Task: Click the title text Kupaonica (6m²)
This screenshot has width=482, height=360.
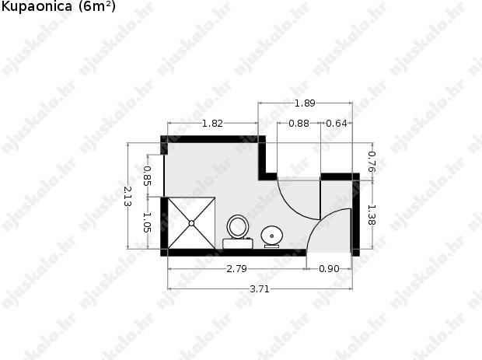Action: point(58,6)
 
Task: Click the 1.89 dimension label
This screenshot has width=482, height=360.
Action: point(305,103)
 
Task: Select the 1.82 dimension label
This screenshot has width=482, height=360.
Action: point(212,124)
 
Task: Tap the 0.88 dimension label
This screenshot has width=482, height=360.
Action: point(299,124)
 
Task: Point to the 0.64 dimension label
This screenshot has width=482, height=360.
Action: point(337,124)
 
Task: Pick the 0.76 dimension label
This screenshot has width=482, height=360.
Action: point(372,162)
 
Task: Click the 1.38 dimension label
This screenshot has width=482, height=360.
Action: point(372,215)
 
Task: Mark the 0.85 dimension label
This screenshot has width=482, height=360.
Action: point(148,176)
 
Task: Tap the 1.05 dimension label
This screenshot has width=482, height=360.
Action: point(148,222)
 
